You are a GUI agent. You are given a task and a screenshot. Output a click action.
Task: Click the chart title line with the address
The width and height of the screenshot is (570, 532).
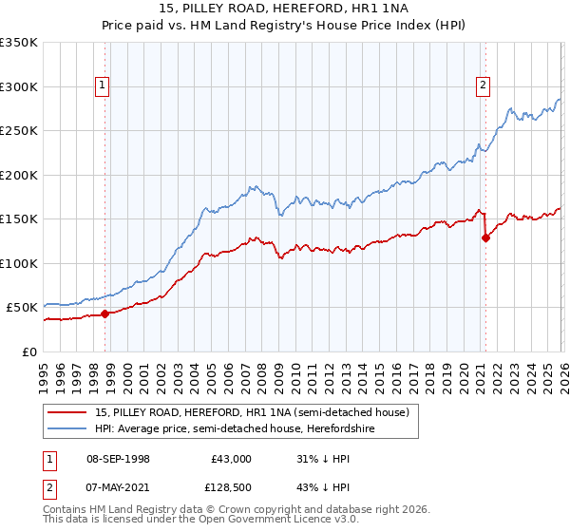pos(284,9)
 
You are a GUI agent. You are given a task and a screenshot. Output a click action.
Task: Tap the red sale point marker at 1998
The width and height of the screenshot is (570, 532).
pos(105,313)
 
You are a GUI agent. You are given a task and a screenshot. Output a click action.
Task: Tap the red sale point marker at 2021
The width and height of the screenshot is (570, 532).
pos(485,238)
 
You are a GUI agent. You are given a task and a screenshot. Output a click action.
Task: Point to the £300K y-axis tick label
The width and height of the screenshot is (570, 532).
pos(19,86)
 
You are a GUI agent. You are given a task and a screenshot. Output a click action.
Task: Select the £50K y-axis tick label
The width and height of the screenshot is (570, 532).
pos(23,308)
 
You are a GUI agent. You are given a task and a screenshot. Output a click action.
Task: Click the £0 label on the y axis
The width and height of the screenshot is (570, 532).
pos(30,351)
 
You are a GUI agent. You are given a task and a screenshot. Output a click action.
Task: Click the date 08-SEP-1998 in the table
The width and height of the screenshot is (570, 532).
pos(118,459)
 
